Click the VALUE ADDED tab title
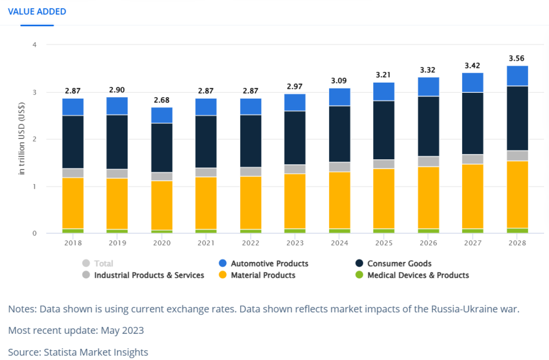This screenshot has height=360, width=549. (x=37, y=11)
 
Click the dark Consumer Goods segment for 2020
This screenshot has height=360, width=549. (x=161, y=148)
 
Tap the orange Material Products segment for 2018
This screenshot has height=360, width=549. (x=73, y=203)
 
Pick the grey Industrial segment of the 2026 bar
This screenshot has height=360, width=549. (x=428, y=161)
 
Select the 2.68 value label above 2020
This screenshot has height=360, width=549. (x=161, y=100)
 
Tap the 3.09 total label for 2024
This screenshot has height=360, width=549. (x=339, y=80)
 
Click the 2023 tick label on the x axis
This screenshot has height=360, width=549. (x=294, y=243)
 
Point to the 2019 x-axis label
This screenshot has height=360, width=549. (x=117, y=243)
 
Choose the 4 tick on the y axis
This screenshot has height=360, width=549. (x=34, y=45)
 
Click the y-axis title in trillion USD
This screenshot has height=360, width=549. (x=22, y=139)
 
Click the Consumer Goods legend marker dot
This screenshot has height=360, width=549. (x=359, y=263)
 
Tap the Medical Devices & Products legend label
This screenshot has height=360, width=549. (x=418, y=275)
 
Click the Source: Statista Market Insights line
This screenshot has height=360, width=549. (x=78, y=352)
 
